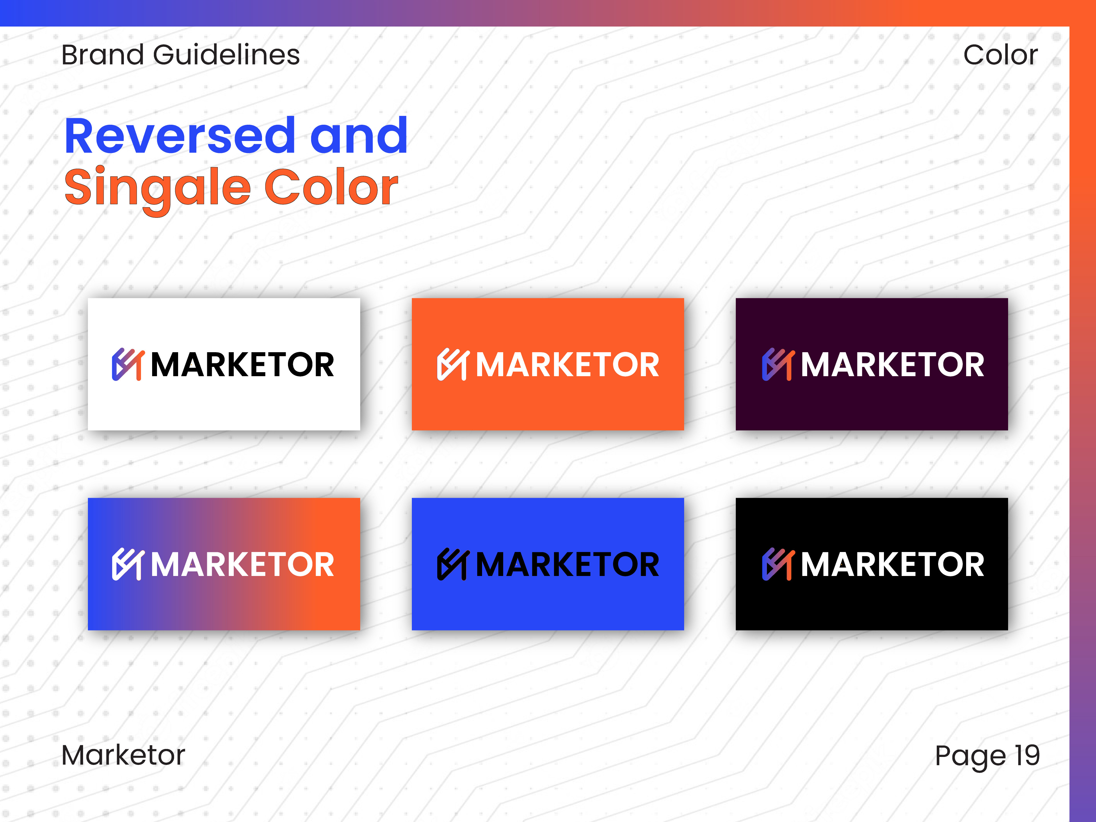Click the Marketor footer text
(123, 755)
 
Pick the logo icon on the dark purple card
(778, 364)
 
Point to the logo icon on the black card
(778, 564)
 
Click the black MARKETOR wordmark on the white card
(242, 365)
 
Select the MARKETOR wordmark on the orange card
(567, 365)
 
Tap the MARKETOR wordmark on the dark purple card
(892, 365)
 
